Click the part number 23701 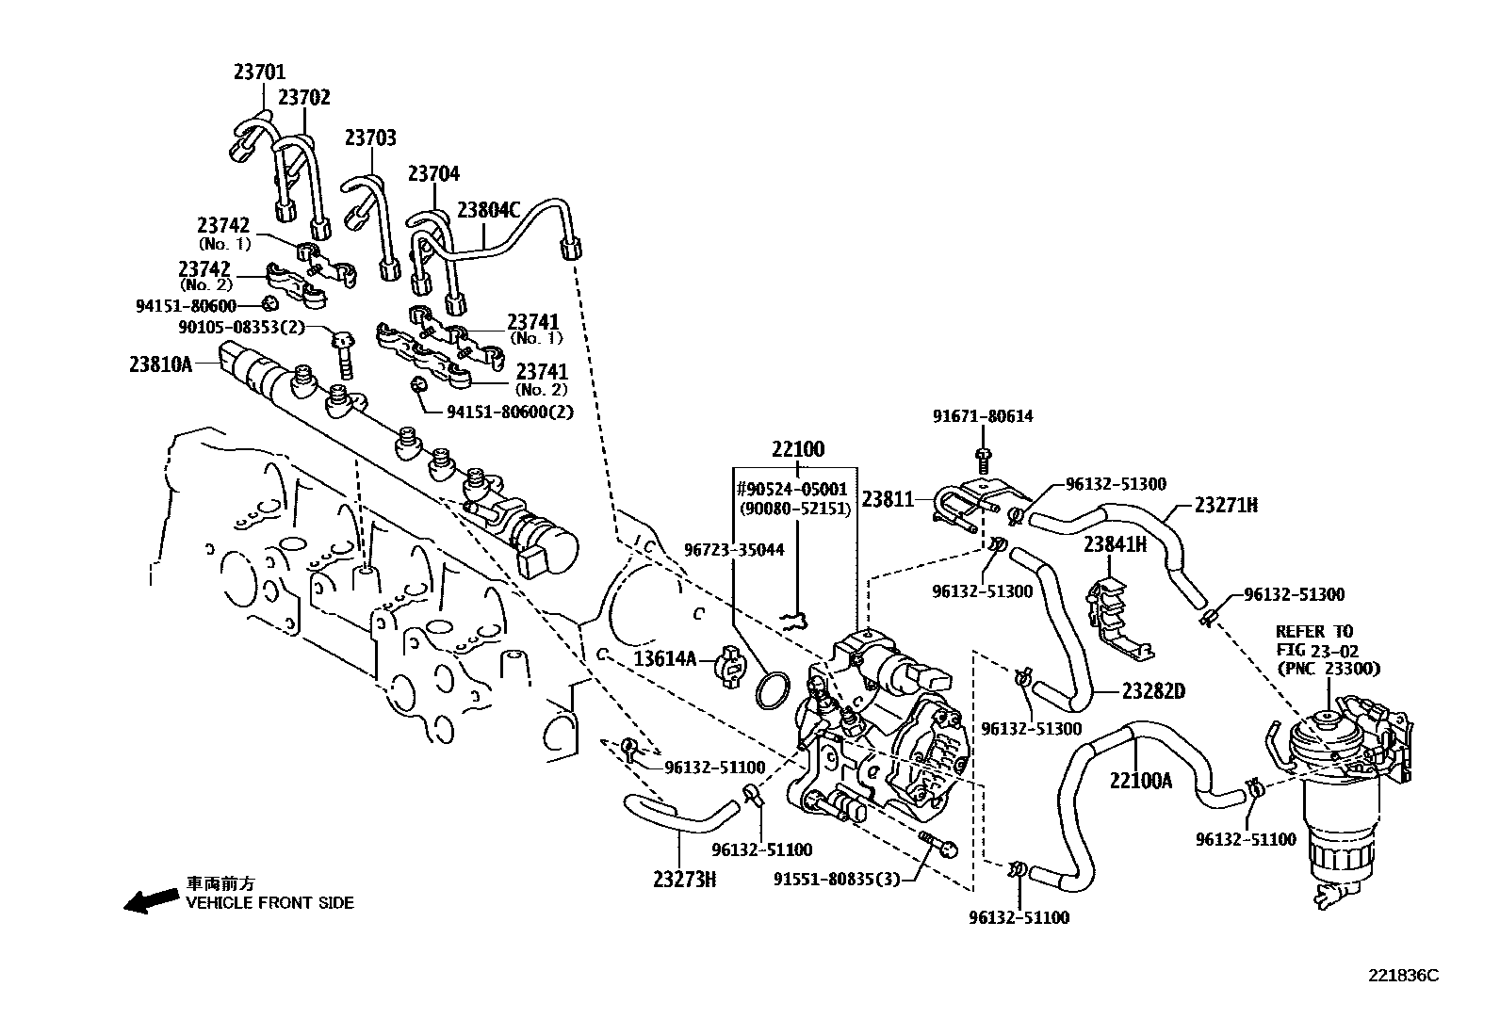coord(259,73)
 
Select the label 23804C coord(488,210)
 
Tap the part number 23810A coord(160,364)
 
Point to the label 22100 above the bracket coord(797,449)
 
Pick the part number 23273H coord(685,879)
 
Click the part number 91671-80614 coord(982,416)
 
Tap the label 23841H coord(1115,544)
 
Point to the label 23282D coord(1152,691)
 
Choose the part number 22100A coord(1140,780)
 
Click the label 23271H coord(1226,506)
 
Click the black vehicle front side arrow coord(151,901)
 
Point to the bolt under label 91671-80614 coord(983,461)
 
